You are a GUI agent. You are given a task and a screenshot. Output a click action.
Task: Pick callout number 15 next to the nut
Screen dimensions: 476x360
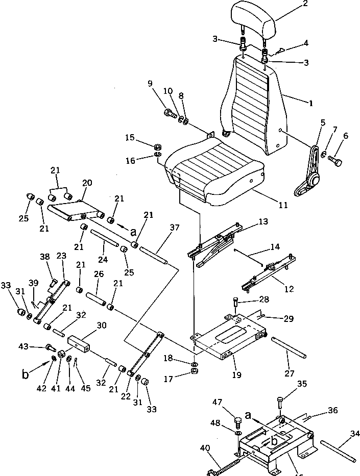pos(130,138)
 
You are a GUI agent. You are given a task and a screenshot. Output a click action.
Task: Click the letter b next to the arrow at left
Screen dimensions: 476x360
pos(24,376)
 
